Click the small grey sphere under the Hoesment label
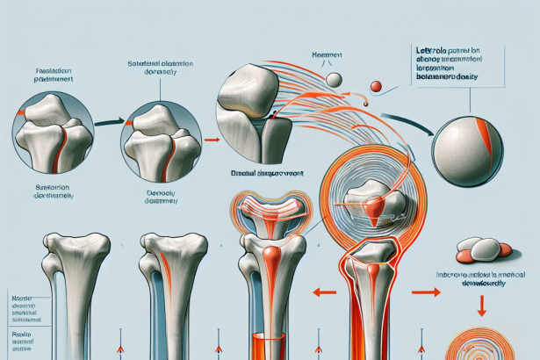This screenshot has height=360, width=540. tap(335, 79)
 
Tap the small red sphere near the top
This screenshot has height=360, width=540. tap(376, 86)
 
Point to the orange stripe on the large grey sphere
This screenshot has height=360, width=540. tap(488, 129)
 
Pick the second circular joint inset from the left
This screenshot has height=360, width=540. tap(158, 137)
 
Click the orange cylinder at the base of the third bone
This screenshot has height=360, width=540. tap(267, 345)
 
